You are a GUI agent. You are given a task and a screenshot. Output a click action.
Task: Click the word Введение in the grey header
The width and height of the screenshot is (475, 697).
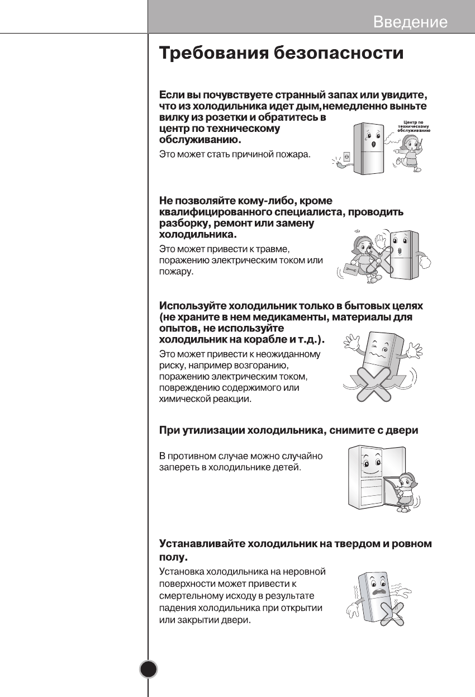tap(410, 22)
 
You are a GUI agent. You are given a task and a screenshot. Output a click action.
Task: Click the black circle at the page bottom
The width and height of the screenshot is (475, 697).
tap(149, 668)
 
